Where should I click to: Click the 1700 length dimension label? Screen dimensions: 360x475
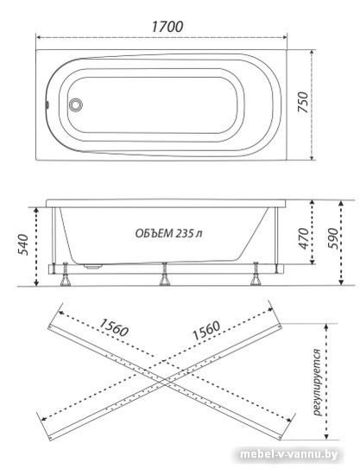tap(167, 27)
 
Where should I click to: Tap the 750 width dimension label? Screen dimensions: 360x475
tap(303, 103)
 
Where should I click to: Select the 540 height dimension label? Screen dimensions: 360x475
tap(23, 244)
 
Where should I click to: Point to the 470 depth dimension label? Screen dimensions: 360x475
tap(303, 238)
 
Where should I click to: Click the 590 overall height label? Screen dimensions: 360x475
tap(332, 238)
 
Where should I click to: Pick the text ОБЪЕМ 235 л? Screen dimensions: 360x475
tap(168, 233)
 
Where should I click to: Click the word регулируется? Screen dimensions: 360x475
tap(317, 383)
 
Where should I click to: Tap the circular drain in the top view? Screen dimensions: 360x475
tap(75, 104)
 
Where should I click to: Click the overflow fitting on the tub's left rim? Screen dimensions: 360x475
tap(47, 104)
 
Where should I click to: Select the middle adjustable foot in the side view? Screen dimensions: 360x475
tap(165, 274)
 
